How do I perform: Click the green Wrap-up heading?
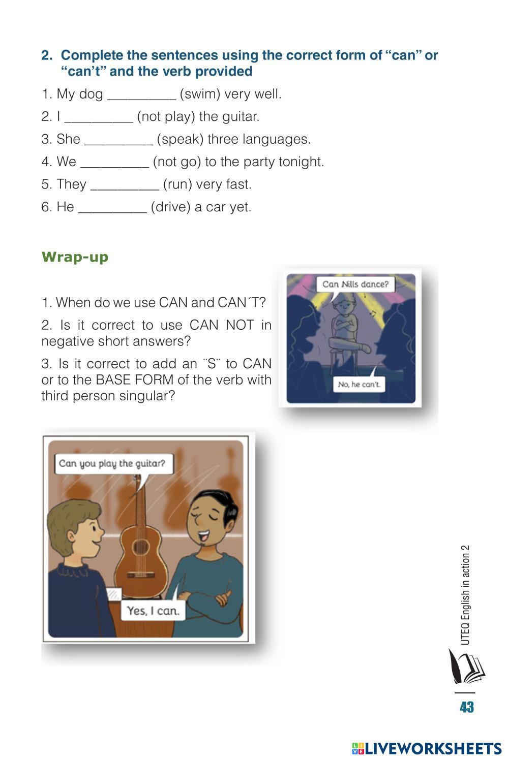coord(75,257)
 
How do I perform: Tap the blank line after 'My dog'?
coord(141,99)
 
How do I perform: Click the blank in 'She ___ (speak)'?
coord(118,144)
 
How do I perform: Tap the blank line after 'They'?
coord(125,189)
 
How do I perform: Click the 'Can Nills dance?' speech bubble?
coord(355,284)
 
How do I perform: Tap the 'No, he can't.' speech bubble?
coord(358,384)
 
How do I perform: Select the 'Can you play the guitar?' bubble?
coord(114,463)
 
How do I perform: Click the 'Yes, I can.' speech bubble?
coord(153,611)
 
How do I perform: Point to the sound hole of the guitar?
coord(140,548)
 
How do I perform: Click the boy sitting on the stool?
coord(347,326)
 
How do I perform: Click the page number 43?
coord(466,707)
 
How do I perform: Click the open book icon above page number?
coord(465,667)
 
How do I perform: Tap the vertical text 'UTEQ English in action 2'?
coord(465,594)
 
